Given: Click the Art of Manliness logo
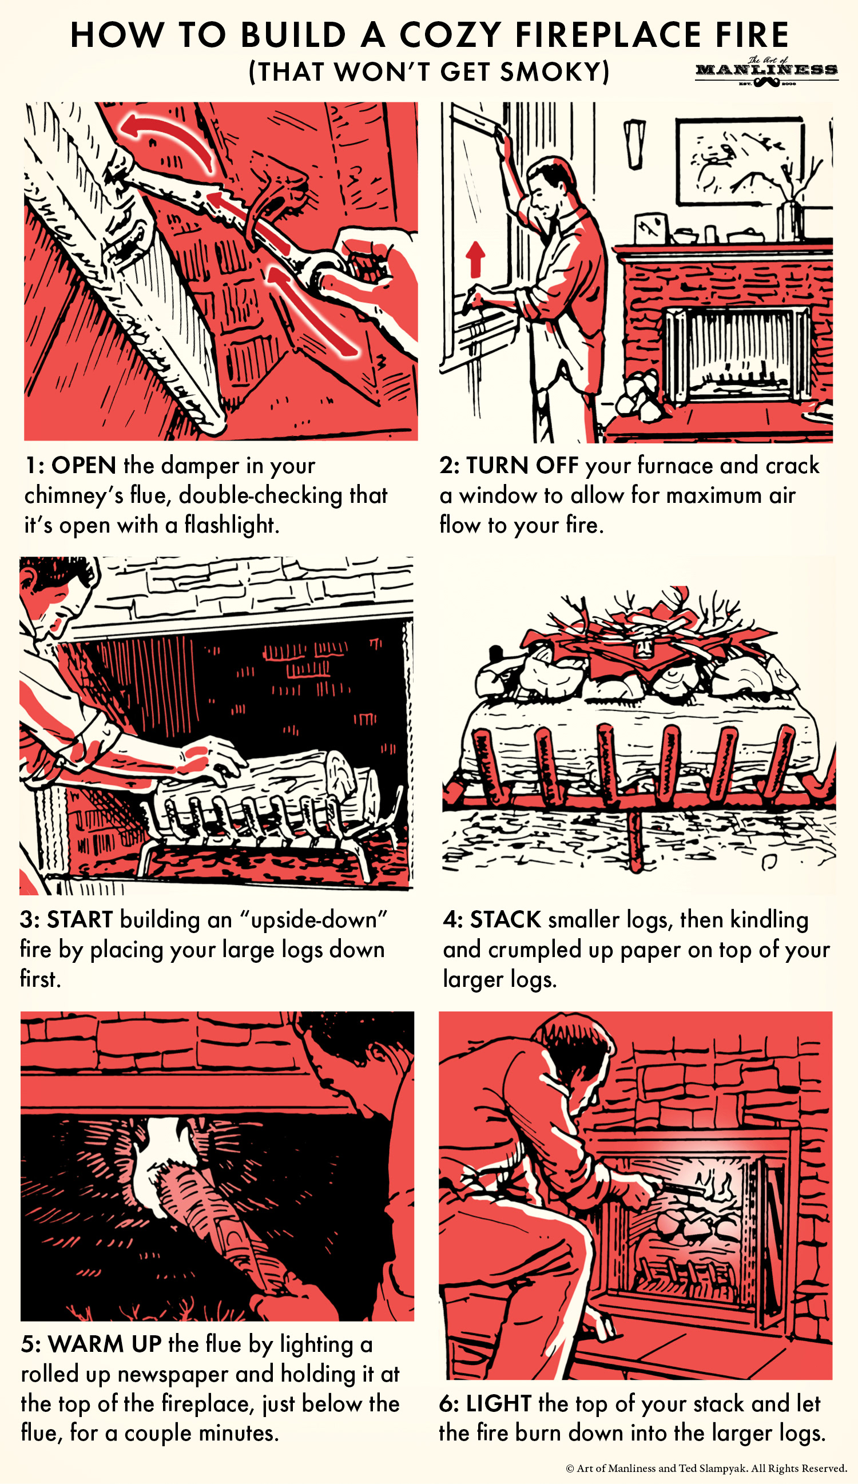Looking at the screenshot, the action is pos(766,72).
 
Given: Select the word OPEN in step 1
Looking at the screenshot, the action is pos(84,465).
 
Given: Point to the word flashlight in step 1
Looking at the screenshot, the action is pos(231,524).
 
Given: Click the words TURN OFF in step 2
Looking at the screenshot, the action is pos(522,465).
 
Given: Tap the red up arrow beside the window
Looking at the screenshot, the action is pos(475,259).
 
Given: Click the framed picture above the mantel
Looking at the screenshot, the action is pos(740,161).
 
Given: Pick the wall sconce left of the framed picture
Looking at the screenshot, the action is pos(635,143).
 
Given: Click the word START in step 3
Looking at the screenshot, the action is pos(80,919).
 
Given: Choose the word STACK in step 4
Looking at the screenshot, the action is pos(505,919).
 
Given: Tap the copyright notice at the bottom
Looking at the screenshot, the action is pos(706,1468).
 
